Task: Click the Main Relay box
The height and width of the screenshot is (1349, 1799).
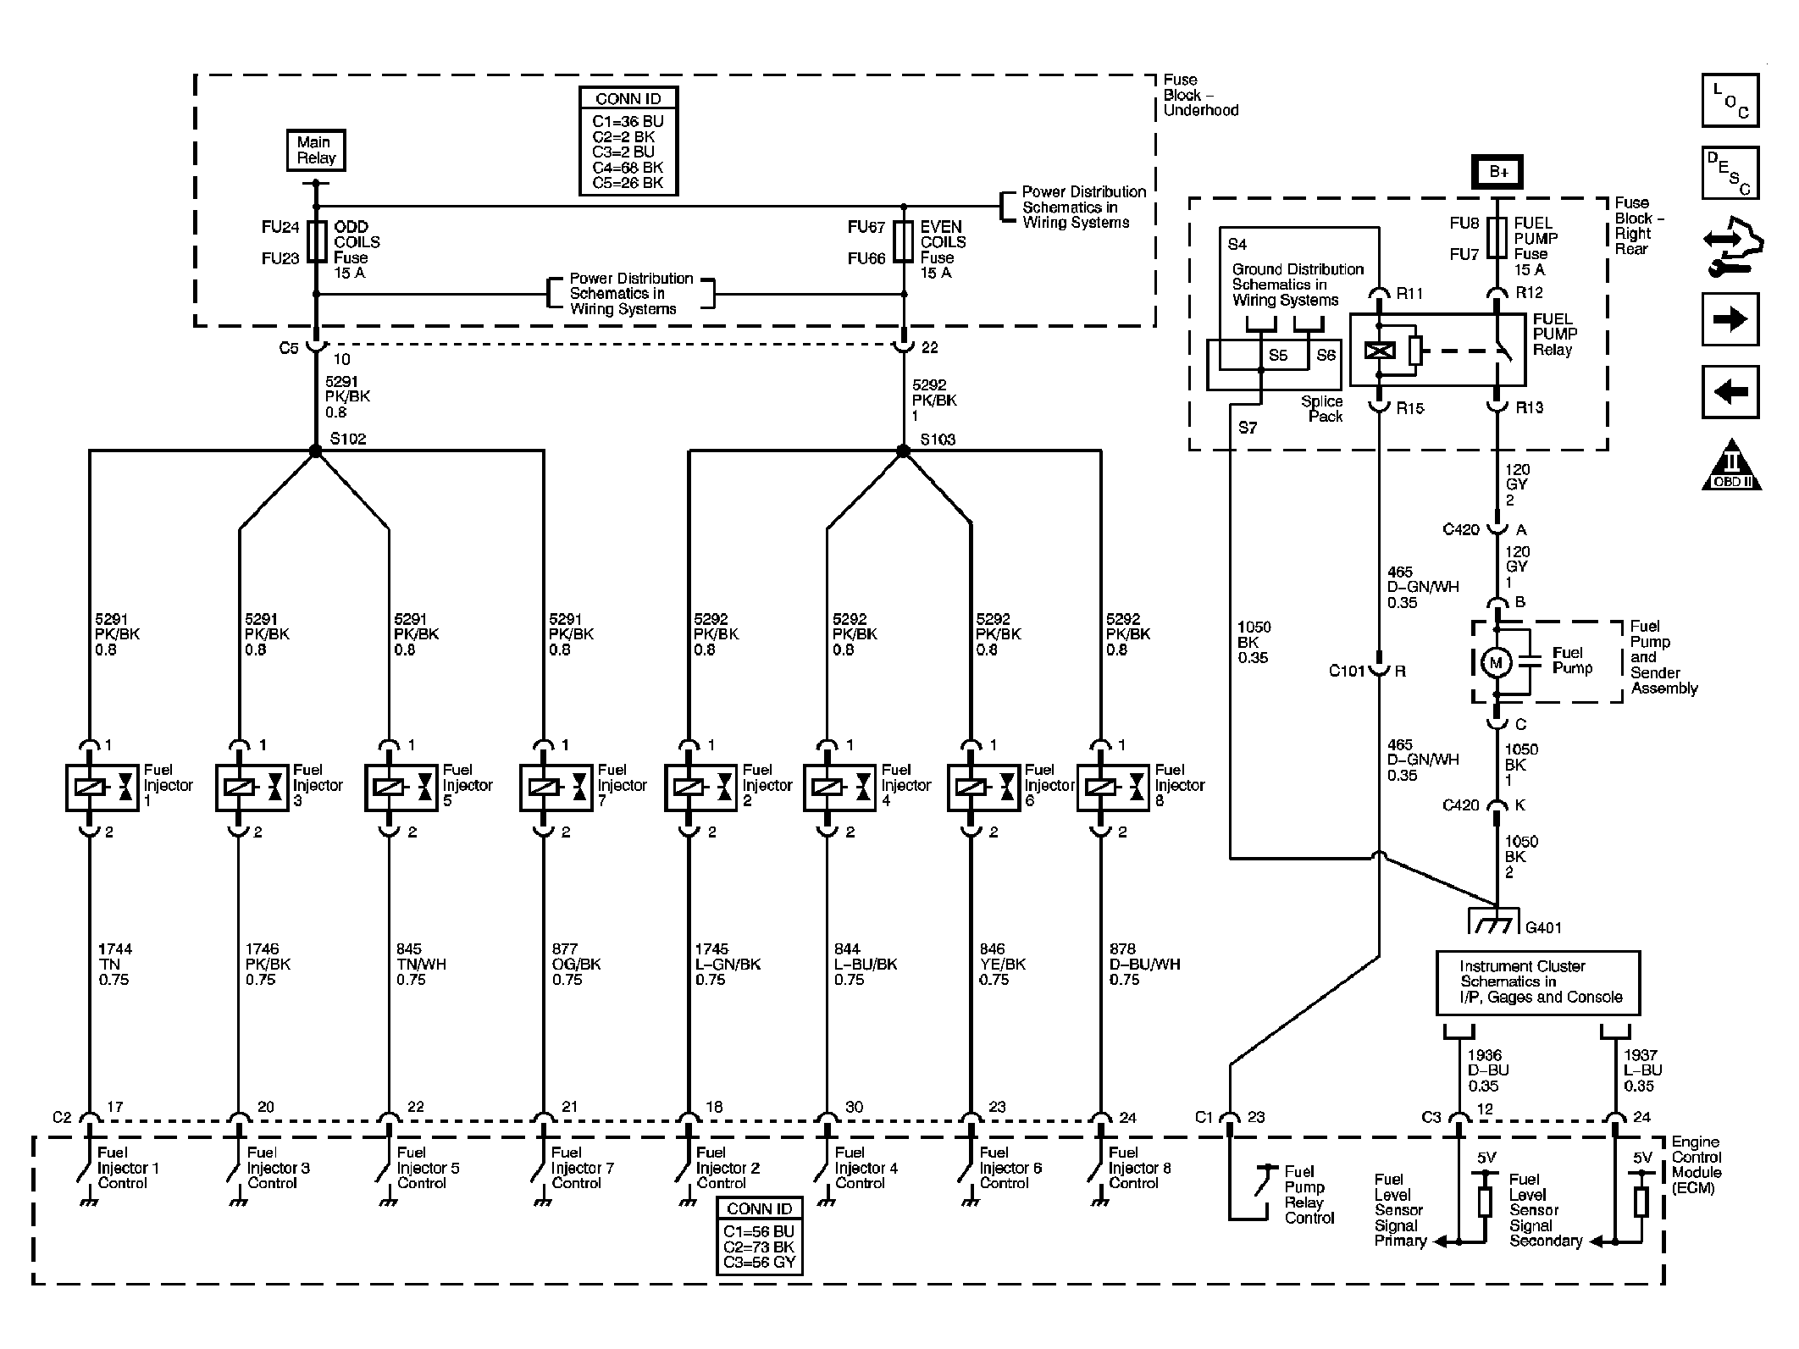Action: tap(316, 151)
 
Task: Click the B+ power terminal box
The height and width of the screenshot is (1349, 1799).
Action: tap(1498, 172)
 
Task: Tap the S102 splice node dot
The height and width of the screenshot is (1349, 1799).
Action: tap(315, 451)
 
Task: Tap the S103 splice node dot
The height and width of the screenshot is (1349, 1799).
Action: tap(903, 451)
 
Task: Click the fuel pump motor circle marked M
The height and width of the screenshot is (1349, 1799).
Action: tap(1495, 663)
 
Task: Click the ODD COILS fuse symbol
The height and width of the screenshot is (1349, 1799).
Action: tap(317, 242)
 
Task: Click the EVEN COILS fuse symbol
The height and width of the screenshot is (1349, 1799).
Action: tap(904, 242)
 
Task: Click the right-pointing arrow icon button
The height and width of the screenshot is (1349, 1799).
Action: tap(1730, 319)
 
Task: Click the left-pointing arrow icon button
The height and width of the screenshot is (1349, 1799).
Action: tap(1730, 391)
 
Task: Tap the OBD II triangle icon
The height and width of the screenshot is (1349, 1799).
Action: tap(1730, 467)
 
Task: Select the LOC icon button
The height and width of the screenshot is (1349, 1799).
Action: tap(1730, 101)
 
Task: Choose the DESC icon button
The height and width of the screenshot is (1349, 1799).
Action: tap(1730, 173)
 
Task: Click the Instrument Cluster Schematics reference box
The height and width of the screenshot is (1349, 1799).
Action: tap(1537, 982)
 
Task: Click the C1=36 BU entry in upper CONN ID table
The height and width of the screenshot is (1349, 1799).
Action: tap(628, 122)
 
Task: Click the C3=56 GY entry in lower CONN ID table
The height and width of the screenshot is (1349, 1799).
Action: tap(759, 1263)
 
